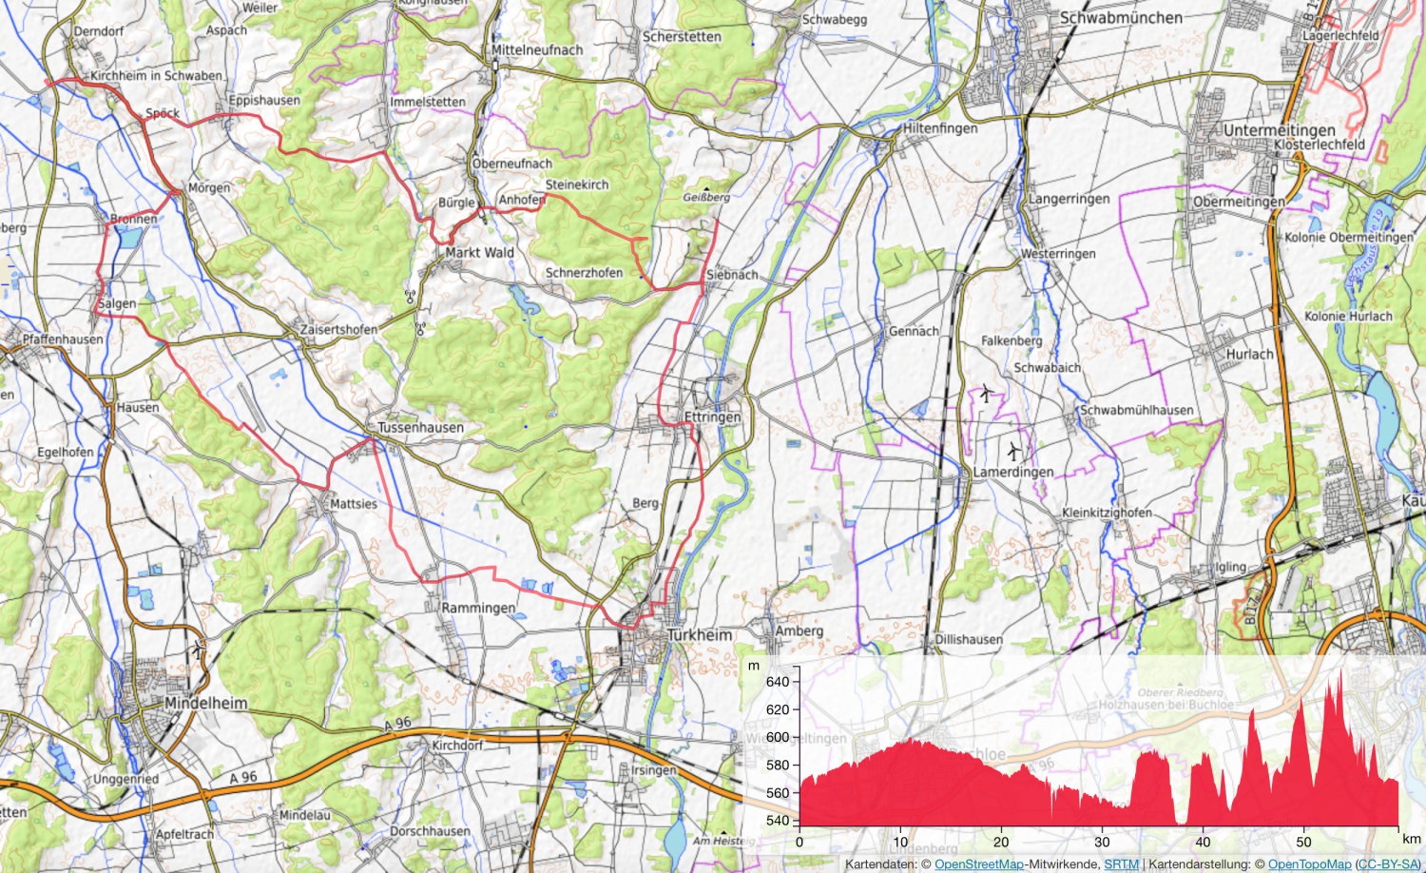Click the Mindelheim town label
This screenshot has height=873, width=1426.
pos(205,703)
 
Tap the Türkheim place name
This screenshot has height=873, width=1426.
pos(700,634)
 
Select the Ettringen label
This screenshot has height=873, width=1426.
pos(712,417)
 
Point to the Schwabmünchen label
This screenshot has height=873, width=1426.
pos(1121,17)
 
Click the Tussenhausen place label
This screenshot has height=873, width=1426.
pos(421,427)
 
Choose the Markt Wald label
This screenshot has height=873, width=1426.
pos(479,252)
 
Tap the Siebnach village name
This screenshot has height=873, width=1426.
pos(732,274)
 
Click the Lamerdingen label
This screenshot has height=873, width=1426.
pos(1012,472)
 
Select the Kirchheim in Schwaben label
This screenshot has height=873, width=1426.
pos(157,75)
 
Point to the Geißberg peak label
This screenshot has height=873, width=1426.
pos(706,197)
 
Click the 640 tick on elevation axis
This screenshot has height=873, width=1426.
pos(777,681)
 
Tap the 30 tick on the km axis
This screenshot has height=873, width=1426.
pos(1102,842)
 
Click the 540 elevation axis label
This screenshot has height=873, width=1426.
pos(777,820)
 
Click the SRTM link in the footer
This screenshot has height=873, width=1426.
pos(1121,864)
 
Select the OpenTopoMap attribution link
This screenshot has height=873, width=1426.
pos(1309,864)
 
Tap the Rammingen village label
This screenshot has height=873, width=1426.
pos(478,607)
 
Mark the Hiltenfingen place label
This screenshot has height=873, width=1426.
pos(939,127)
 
